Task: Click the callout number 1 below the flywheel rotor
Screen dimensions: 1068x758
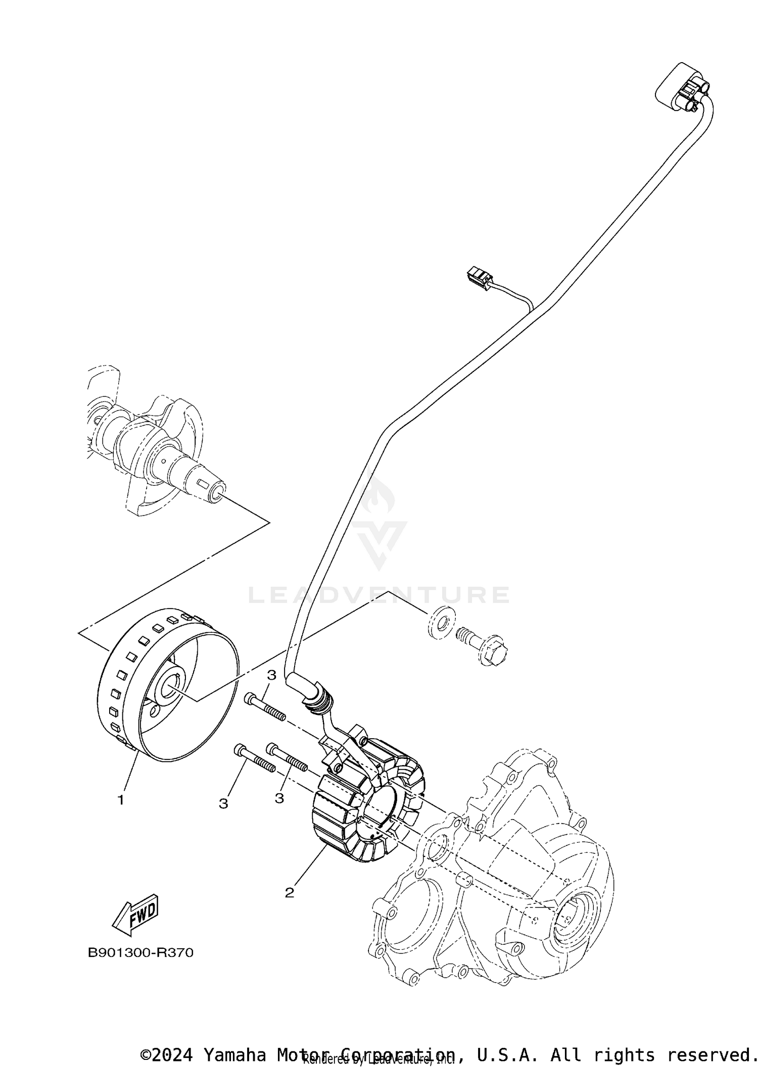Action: coord(120,800)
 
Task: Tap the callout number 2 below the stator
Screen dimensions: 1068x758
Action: coord(289,893)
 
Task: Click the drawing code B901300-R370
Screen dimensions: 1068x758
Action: coord(140,952)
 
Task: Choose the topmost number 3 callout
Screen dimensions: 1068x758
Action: coord(271,675)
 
